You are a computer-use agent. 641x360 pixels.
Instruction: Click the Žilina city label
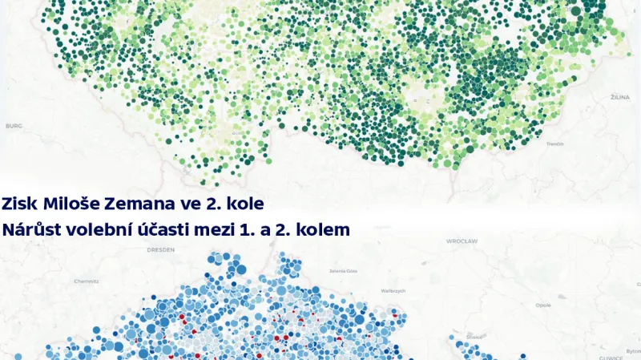(619, 97)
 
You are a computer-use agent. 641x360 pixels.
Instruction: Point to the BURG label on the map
(14, 126)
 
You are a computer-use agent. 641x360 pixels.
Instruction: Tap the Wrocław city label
(463, 241)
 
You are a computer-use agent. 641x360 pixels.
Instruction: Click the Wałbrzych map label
(394, 290)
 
